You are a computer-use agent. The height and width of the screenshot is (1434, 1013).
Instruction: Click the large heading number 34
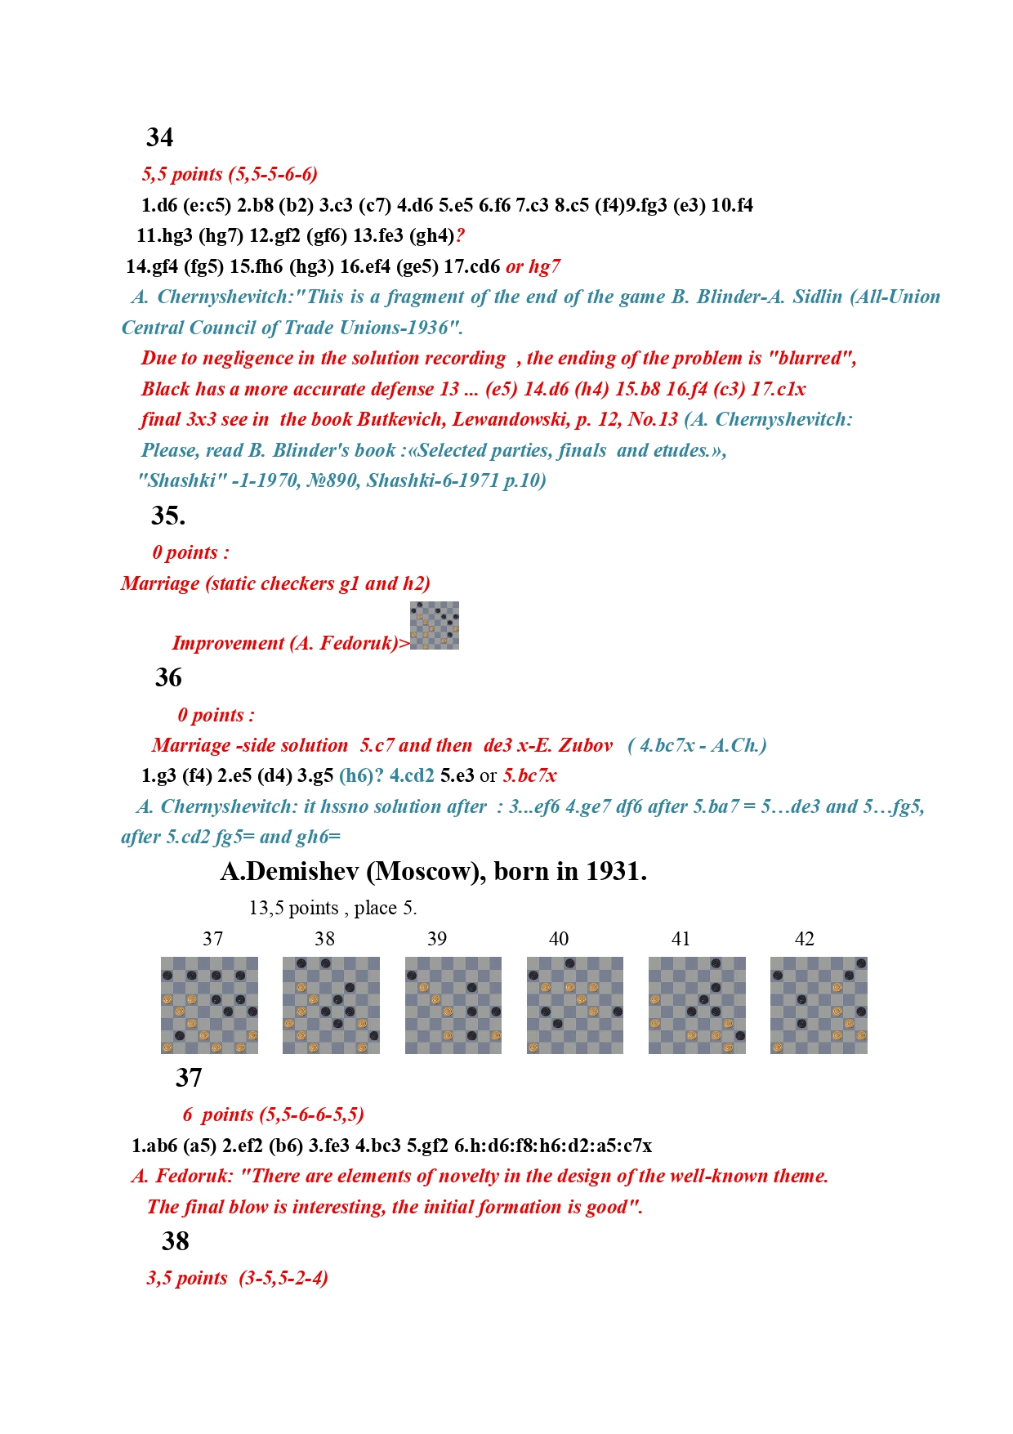[159, 137]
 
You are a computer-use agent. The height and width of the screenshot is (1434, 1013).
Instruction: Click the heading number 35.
[167, 516]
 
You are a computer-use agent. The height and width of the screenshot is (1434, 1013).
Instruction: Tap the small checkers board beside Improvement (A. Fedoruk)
[434, 625]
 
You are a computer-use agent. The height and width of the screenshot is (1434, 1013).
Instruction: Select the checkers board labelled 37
[209, 1005]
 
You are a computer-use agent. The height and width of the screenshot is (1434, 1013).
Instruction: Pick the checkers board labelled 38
[331, 1005]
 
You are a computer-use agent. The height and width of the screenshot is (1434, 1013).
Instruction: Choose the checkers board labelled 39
[453, 1005]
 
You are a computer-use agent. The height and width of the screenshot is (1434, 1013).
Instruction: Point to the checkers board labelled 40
[574, 1005]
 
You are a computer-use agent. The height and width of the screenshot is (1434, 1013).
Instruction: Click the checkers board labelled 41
[697, 1005]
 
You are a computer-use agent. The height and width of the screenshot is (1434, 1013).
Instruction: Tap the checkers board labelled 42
[819, 1005]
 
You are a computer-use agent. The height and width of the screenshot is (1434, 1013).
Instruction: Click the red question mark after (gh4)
[460, 236]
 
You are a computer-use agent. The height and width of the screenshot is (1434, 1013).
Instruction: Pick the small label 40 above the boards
[559, 939]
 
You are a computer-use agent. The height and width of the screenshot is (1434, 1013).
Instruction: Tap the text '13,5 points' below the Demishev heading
[293, 908]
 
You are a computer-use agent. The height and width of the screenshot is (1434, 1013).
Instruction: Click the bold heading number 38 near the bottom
[175, 1241]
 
